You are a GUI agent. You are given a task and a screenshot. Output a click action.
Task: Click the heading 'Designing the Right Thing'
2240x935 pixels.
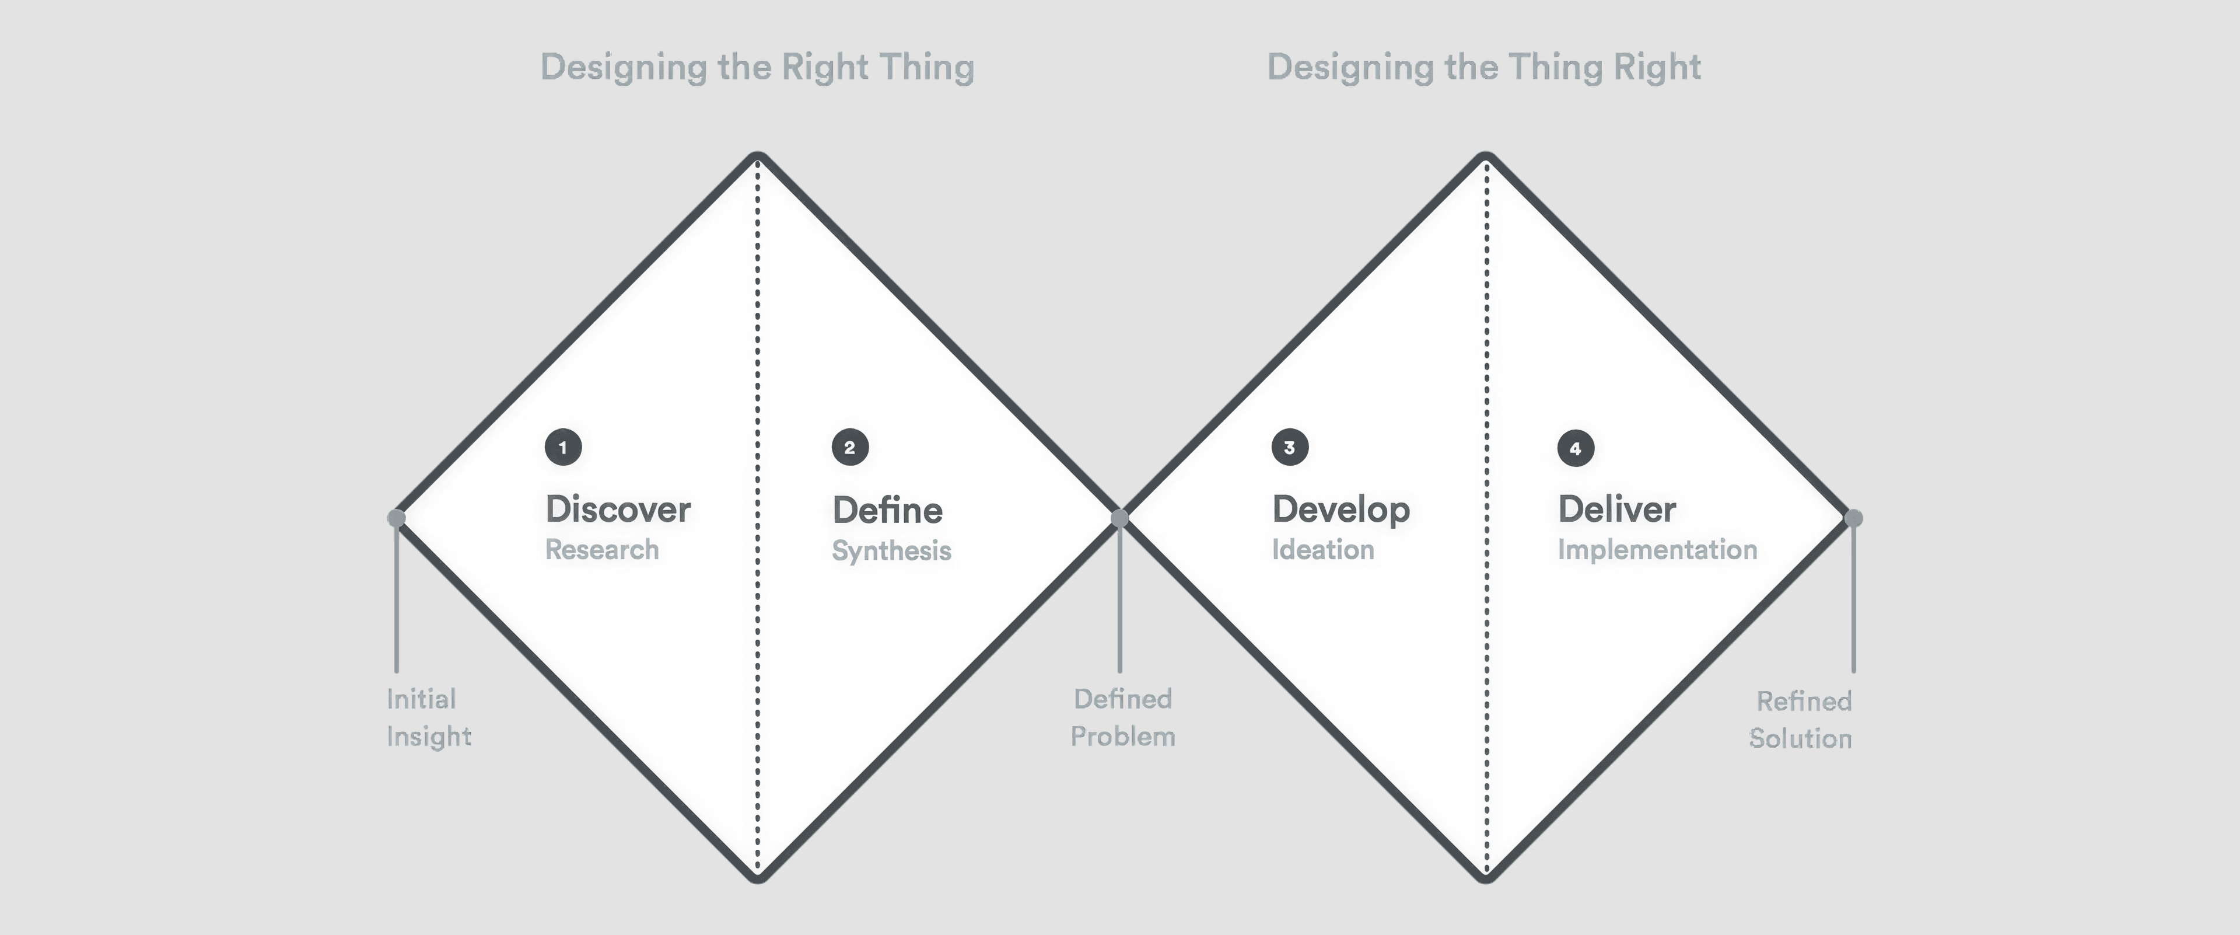click(x=757, y=67)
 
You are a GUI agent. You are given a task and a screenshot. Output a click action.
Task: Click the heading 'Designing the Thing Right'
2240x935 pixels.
click(x=1483, y=67)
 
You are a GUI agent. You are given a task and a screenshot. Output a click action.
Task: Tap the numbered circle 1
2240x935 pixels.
click(x=563, y=447)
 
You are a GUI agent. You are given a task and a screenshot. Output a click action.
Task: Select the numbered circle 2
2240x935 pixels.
click(x=849, y=447)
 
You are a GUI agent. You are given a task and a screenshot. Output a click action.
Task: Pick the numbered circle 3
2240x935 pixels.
click(x=1290, y=447)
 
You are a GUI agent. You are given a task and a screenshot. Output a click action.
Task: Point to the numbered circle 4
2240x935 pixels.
click(x=1576, y=448)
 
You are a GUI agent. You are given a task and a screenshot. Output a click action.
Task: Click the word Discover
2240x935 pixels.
click(x=617, y=510)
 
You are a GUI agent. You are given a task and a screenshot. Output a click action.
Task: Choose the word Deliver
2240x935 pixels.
click(x=1616, y=510)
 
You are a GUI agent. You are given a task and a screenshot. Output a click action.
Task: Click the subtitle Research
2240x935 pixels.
click(x=602, y=550)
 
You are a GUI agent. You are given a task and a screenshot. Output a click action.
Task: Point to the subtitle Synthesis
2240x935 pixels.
click(x=891, y=550)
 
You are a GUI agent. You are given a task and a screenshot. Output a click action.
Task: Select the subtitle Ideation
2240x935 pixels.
click(x=1322, y=550)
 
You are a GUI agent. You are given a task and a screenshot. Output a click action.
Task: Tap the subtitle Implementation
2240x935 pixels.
click(x=1657, y=550)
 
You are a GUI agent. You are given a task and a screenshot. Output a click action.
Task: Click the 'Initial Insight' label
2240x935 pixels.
click(x=428, y=717)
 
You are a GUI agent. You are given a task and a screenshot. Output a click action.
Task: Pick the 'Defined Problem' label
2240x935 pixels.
click(x=1122, y=717)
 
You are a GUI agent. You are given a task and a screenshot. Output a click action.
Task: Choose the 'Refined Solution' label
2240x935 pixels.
click(x=1801, y=719)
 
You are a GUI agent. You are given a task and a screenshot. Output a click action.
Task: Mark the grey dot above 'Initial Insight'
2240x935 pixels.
click(x=397, y=518)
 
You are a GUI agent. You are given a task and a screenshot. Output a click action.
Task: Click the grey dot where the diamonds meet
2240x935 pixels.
click(x=1120, y=518)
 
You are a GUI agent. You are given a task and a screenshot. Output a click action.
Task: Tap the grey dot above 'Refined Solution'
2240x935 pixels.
click(x=1853, y=518)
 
